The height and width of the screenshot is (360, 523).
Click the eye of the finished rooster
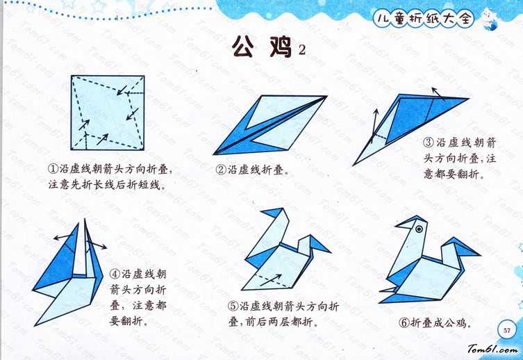coord(419,229)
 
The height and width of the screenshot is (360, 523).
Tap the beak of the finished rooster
coord(404,224)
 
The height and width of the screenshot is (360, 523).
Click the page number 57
coord(506,330)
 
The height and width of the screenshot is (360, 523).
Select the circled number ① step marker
coord(53,169)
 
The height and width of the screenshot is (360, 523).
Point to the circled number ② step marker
coord(221,170)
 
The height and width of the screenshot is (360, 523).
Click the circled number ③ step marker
coord(429,142)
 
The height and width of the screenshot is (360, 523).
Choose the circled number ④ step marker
coord(115,275)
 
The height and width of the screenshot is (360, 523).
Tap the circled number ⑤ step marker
coord(233,306)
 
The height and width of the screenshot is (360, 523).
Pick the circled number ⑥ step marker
coord(404,322)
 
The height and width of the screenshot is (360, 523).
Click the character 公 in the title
coord(243,47)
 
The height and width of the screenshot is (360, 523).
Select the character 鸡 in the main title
coord(281,47)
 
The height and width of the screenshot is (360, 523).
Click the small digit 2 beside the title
coord(302,50)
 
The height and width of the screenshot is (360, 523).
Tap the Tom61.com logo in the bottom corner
coord(492,350)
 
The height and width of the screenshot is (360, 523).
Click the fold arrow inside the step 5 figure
coord(271,280)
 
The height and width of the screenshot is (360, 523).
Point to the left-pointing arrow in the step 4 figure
coord(63,237)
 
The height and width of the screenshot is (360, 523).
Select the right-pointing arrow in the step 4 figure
coord(97,245)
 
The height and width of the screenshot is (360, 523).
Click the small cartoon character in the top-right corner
coord(489,18)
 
